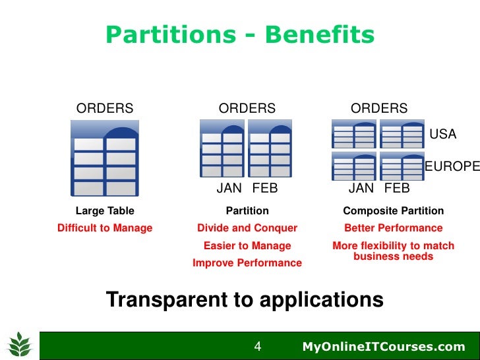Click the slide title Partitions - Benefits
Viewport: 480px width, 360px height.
(240, 35)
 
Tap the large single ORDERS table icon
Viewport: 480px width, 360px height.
(104, 158)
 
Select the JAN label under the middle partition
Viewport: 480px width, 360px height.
(229, 189)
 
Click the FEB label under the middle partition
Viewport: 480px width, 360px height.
(264, 189)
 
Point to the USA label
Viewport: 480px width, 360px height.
(442, 135)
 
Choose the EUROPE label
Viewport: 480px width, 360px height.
(452, 167)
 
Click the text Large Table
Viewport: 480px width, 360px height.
(105, 211)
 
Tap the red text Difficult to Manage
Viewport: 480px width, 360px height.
(105, 228)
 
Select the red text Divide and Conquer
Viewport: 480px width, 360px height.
(247, 228)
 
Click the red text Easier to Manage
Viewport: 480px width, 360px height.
(247, 246)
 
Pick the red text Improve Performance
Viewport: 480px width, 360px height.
(247, 263)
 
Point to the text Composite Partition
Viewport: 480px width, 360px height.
(394, 211)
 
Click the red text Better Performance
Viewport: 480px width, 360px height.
(394, 228)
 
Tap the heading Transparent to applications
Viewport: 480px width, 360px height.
(245, 300)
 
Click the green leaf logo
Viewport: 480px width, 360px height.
(20, 344)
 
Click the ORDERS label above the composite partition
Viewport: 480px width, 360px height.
(379, 109)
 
